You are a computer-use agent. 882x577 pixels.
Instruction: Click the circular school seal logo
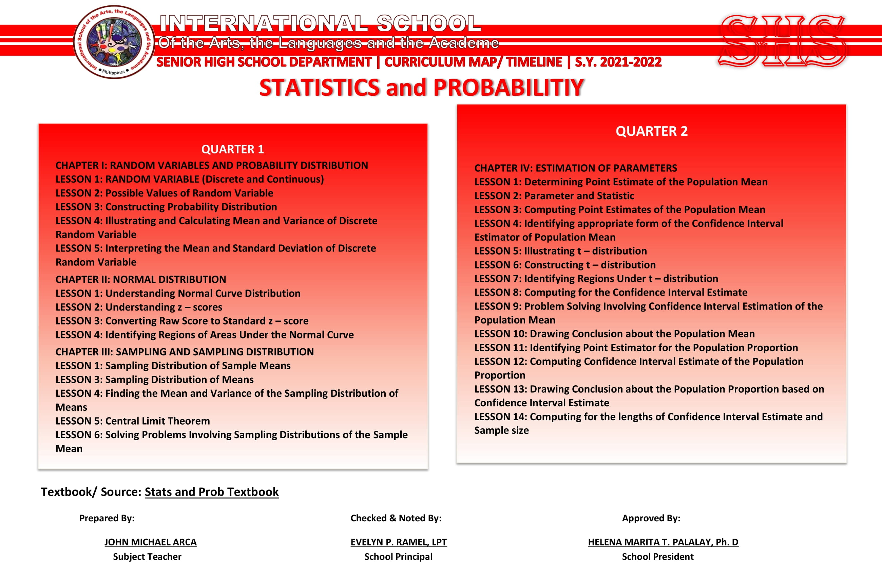[x=114, y=41]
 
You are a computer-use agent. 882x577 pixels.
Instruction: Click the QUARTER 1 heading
[x=232, y=149]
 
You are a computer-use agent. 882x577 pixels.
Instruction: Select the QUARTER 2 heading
[x=652, y=131]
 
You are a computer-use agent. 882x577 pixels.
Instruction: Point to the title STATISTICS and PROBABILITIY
[x=421, y=88]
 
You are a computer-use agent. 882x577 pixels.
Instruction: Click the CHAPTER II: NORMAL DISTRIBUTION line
[x=141, y=279]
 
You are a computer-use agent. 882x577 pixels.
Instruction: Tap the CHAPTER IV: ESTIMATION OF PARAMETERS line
[x=576, y=168]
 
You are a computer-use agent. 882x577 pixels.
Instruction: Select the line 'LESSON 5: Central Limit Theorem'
[x=133, y=421]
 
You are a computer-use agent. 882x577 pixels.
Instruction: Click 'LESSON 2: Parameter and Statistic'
[x=554, y=196]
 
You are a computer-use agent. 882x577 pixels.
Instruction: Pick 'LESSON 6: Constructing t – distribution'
[x=565, y=265]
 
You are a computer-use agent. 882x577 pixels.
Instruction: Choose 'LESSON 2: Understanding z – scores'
[x=139, y=307]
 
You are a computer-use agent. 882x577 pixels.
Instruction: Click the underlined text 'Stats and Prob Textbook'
[x=212, y=492]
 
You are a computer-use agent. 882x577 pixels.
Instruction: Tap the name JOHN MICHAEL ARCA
[x=151, y=542]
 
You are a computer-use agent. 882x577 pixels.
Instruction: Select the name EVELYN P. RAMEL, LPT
[x=398, y=542]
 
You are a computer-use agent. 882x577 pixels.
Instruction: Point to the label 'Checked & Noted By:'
[x=396, y=518]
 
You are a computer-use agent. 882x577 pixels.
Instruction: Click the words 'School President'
[x=657, y=557]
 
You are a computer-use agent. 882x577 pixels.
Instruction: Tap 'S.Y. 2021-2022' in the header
[x=618, y=62]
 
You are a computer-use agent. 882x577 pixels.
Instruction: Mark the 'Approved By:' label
[x=651, y=518]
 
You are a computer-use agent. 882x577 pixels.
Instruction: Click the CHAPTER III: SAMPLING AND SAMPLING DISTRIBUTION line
[x=185, y=352]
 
